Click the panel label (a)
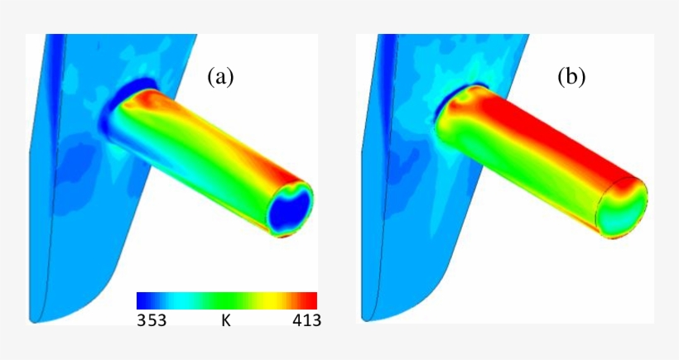(220, 78)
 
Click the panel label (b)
(571, 78)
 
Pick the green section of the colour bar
(225, 300)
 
